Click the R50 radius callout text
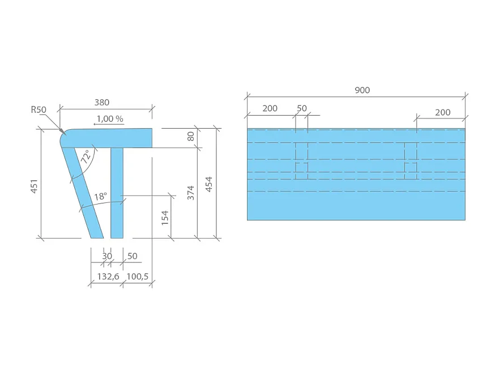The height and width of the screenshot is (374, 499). point(39,109)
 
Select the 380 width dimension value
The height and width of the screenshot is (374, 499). point(101,103)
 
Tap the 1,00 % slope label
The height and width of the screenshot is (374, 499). point(109,119)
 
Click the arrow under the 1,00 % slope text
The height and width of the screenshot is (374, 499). point(101,126)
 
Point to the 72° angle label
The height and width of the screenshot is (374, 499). point(86,157)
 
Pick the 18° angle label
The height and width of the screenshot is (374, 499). point(100,197)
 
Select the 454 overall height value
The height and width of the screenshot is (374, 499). point(209,184)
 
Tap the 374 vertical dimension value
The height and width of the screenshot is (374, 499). point(191,193)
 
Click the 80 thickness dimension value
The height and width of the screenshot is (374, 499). point(191,137)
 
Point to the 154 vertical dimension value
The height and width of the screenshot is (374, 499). point(165,218)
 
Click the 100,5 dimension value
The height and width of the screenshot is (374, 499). point(137,277)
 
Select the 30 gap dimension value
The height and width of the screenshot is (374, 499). point(106,256)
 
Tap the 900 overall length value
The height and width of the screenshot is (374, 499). point(362,90)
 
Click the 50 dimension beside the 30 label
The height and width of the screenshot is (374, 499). point(132,256)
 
